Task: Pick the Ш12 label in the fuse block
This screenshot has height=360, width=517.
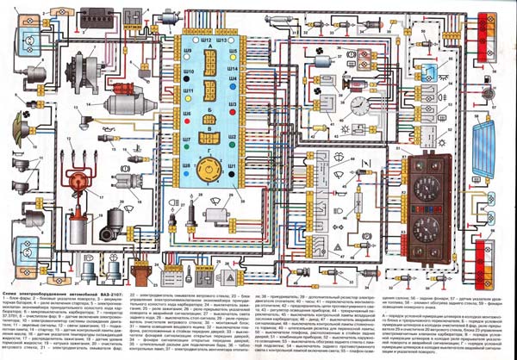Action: tap(205, 40)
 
